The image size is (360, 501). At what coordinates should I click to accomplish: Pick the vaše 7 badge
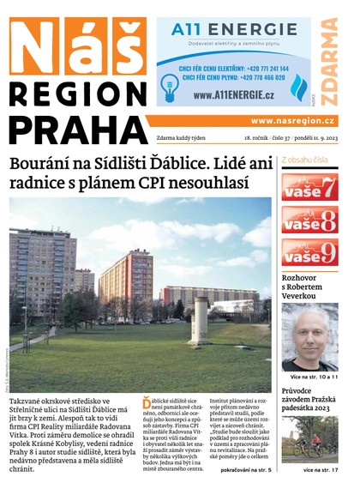pyautogui.click(x=309, y=187)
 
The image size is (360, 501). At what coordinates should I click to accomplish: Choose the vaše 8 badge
pyautogui.click(x=309, y=220)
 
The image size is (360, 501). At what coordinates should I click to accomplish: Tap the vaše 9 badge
pyautogui.click(x=309, y=253)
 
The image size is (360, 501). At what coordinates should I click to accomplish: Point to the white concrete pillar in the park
pyautogui.click(x=200, y=322)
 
